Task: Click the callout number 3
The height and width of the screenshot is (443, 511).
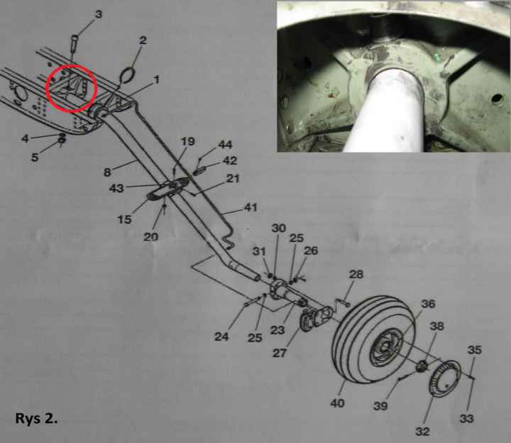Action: coord(99,14)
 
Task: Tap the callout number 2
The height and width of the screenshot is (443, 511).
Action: coord(143,40)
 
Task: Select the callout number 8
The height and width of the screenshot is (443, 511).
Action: coord(107,172)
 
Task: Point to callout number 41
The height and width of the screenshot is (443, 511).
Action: coord(251,207)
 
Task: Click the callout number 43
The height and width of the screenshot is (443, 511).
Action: coord(116,188)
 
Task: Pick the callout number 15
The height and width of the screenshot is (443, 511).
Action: coord(124,219)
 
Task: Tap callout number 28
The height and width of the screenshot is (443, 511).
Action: coord(356,275)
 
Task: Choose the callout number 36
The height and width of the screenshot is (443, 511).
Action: coord(428,304)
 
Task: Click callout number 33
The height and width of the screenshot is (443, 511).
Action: coord(466,418)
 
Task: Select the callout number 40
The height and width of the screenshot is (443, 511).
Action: coord(337,403)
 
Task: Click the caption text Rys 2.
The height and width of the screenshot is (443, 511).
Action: coord(36,419)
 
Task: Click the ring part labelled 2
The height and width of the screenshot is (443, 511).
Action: coord(128,75)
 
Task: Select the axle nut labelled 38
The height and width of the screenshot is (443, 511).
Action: coord(422,365)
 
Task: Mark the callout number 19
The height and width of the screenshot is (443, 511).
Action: coord(187,141)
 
